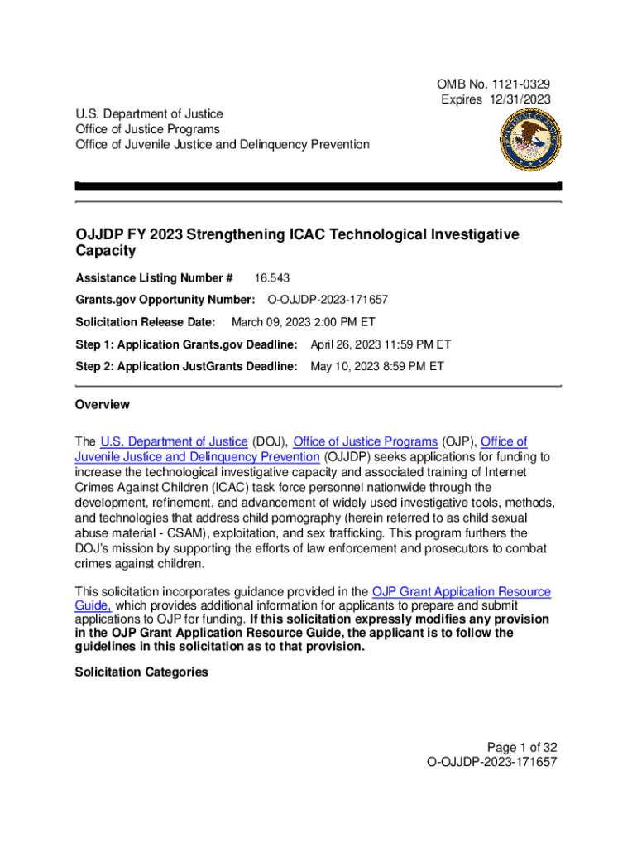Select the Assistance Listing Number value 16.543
coord(272,278)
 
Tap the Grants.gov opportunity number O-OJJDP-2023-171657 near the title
coord(328,300)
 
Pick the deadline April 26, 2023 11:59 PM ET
coord(380,344)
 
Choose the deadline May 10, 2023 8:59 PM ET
coord(376,365)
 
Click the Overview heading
coord(102,405)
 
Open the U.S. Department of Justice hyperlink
coord(174,441)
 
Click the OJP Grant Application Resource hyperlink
coord(461,591)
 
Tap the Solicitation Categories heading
coord(141,672)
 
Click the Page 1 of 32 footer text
coord(520,746)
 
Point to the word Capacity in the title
coord(105,250)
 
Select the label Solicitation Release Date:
coord(146,322)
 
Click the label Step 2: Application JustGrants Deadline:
coord(185,365)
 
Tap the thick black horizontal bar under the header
coord(318,186)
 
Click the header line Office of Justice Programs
coord(147,129)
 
